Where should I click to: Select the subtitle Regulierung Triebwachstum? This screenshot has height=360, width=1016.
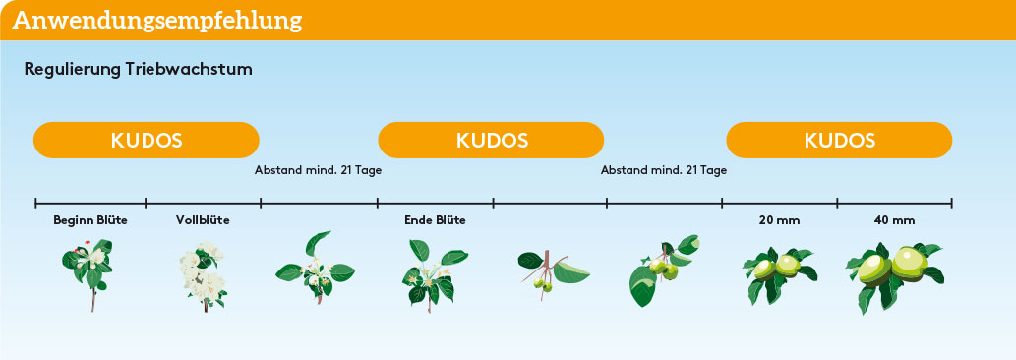point(138,69)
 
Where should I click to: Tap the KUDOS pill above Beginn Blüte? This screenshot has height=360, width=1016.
point(147,140)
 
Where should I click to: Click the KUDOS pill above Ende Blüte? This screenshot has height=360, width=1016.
point(491,140)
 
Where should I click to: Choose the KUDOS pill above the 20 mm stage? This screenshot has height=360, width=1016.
point(839,140)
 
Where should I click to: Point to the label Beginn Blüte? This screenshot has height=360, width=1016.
point(90,220)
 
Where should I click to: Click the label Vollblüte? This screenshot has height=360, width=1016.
point(203,220)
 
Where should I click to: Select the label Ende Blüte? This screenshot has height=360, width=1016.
point(435,220)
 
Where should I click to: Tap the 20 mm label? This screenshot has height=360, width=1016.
point(780,220)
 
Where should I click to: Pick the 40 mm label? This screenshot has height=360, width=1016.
point(894,220)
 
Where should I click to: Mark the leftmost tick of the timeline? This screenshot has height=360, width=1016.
point(35,204)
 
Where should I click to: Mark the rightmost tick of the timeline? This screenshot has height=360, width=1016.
point(952,204)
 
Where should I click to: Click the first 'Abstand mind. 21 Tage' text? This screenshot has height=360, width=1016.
point(318,171)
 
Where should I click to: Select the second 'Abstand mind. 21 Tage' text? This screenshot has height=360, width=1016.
point(664,171)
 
